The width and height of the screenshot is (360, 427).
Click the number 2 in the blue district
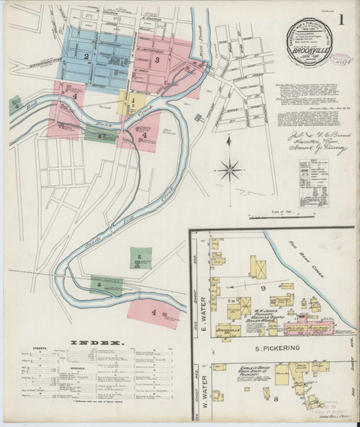click(86, 55)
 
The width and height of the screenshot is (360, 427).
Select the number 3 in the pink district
click(157, 60)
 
